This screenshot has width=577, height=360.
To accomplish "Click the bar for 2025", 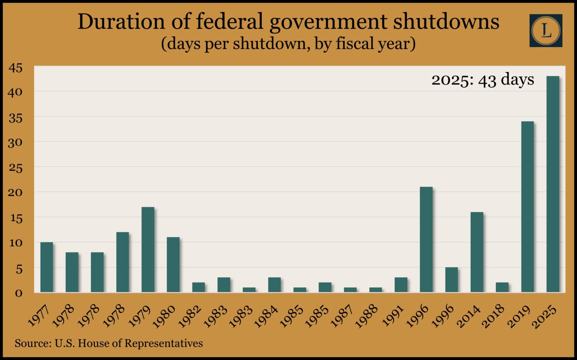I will coord(553,184).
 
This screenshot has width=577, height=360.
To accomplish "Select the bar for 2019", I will coord(527,207).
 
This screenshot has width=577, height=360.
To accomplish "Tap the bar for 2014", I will coord(477,252).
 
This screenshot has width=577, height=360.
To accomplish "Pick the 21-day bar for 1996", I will coord(426,239).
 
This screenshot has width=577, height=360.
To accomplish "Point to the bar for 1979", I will coord(148,250).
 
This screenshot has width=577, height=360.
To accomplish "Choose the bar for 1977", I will coord(47,267).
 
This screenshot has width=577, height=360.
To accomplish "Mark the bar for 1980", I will coord(173,265).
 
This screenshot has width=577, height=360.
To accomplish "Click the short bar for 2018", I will coord(502,287).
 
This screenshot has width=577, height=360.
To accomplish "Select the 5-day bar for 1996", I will coord(452,280).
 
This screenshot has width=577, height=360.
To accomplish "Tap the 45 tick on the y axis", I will coord(15,68).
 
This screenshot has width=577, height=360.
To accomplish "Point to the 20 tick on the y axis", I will coord(15,193).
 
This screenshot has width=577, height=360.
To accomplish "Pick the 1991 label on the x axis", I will coord(393,316).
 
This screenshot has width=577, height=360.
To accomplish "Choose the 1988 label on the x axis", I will coord(367,316).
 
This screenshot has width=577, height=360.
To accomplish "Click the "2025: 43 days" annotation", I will coord(482,80).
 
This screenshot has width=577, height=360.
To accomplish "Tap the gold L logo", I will coord(546,30).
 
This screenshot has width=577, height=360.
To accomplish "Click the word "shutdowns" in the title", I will coord(446,22).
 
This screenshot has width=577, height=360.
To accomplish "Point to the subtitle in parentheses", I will coord(288,44).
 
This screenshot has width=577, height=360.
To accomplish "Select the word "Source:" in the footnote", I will coord(33,343).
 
